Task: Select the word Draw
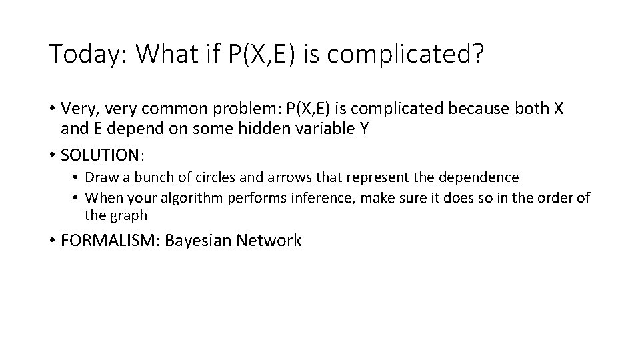point(101,177)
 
